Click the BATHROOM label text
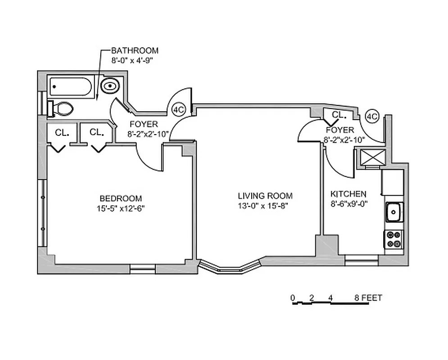click(x=135, y=51)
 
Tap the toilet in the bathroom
click(x=63, y=108)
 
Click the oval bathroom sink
click(x=110, y=85)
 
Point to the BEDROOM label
click(x=120, y=198)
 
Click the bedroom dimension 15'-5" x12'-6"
click(x=120, y=208)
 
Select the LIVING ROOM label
click(x=265, y=196)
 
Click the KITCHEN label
click(x=348, y=194)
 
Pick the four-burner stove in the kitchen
click(x=394, y=239)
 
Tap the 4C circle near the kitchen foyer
click(x=371, y=116)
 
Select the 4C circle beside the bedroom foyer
click(x=179, y=109)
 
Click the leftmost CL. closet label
click(x=62, y=133)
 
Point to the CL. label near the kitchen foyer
click(x=338, y=115)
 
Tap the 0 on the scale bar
click(x=293, y=297)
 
